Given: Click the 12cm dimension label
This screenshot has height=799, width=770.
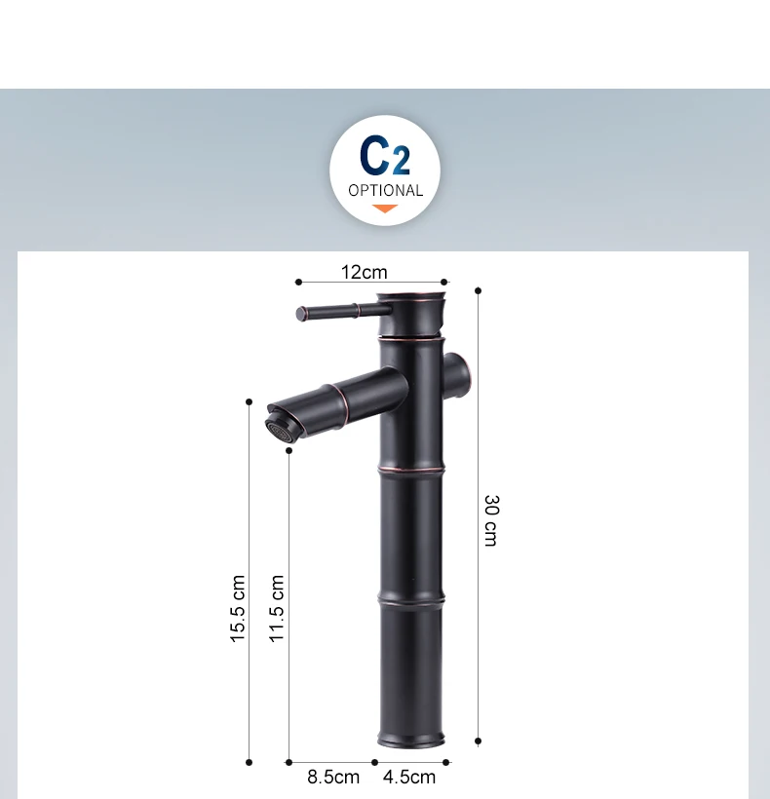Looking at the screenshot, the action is point(364,272).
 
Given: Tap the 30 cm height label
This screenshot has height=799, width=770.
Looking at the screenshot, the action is point(490,520).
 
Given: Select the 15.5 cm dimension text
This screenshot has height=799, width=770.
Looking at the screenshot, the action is point(238,608).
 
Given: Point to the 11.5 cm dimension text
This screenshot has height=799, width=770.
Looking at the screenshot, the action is point(277,608).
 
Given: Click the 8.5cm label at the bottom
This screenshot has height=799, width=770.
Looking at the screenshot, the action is point(333,778).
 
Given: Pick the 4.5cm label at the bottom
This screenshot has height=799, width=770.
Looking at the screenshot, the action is point(409,778).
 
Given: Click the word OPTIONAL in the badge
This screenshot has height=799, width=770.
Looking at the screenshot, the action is point(386,191).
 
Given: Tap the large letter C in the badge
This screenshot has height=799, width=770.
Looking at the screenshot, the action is point(374,154).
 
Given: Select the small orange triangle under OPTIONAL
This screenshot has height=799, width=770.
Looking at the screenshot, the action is point(385,209).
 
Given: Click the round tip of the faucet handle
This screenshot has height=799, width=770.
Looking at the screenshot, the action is point(300,314).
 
